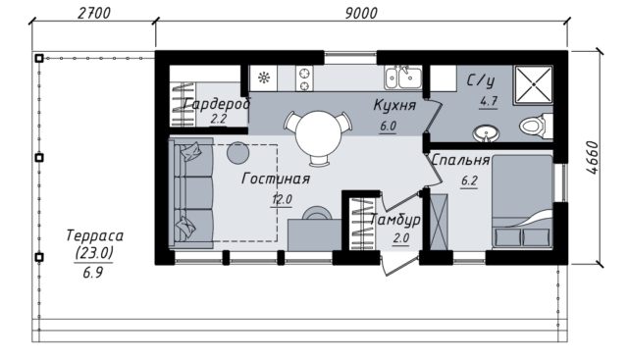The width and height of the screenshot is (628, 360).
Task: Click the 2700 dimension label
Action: coord(94,13)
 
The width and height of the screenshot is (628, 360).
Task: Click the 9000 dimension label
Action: coord(361,13)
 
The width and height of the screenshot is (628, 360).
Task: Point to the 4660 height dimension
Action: coord(592,158)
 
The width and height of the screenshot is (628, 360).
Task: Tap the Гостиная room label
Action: coord(276,179)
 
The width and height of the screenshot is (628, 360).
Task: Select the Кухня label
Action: coord(394,105)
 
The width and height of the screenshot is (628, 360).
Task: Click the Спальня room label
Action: coord(460,160)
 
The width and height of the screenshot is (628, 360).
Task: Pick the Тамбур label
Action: coord(394,220)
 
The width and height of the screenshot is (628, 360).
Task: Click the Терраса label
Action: coord(94,235)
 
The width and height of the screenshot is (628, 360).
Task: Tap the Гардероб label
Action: coord(217,104)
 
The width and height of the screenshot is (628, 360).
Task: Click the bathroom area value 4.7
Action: coord(489,101)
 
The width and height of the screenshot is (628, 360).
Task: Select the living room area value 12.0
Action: coord(282,199)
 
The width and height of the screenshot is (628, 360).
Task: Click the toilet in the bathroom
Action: coord(537,126)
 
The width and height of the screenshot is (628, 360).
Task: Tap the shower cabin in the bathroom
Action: coord(534,84)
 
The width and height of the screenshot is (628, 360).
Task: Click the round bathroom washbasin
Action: coord(486,133)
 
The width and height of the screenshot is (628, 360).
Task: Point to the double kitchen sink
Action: coord(403,77)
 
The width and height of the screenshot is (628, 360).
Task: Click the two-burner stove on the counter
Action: coord(304,78)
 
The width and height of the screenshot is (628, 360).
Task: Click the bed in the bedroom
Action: coord(523,201)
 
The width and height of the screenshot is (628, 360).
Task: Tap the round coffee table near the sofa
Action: coord(237,153)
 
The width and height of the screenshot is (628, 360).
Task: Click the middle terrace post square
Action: coord(39,157)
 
